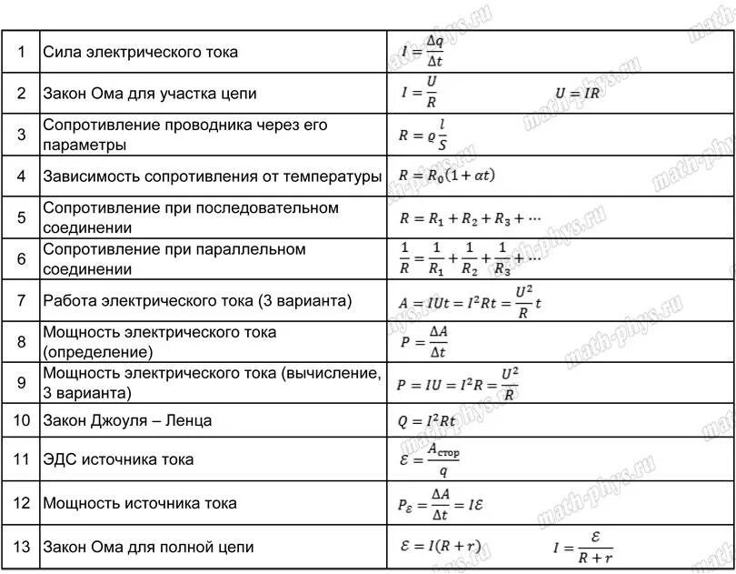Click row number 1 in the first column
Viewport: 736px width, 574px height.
coord(22,52)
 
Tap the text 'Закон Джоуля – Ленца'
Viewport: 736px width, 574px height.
coord(127,420)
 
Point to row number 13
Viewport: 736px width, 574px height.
coord(22,547)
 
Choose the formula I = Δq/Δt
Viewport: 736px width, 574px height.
coord(423,52)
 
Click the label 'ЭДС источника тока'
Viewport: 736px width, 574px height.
coord(118,460)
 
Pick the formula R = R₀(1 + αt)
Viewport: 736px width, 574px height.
coord(446,176)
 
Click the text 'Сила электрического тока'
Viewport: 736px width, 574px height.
coord(141,52)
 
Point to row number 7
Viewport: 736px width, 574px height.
coord(22,299)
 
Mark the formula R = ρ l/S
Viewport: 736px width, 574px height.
coord(424,135)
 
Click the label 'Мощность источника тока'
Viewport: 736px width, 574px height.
coord(140,503)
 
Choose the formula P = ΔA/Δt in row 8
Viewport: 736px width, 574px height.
coord(423,341)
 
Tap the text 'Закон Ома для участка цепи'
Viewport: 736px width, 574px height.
coord(150,93)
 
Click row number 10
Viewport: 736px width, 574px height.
coord(22,420)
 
